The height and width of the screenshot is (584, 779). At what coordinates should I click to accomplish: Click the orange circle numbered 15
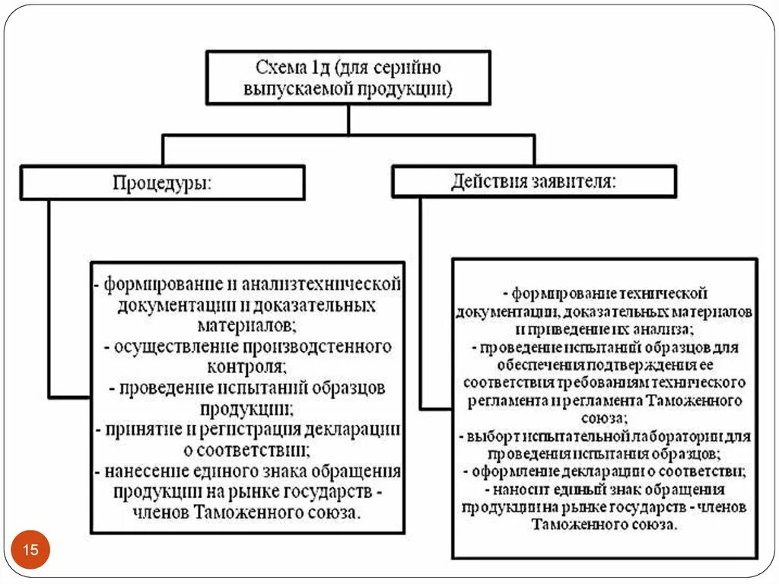31,550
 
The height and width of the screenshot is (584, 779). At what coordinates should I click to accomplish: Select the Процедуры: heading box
162,183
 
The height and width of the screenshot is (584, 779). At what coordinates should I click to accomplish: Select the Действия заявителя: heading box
533,182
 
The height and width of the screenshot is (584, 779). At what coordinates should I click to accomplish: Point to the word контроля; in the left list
248,367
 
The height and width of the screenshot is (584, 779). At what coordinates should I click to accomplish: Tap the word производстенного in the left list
317,347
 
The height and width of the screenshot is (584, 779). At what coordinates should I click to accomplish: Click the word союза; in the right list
605,418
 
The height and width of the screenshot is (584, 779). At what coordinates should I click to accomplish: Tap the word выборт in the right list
489,437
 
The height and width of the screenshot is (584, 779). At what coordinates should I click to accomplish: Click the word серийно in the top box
413,68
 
